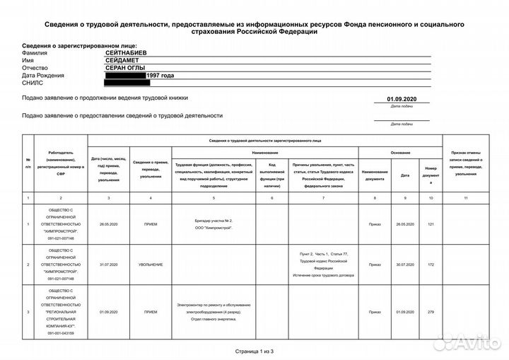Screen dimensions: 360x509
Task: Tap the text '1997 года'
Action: [x=160, y=76]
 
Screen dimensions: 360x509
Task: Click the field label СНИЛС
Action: [x=33, y=83]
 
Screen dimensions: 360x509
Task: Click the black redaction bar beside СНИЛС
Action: [x=127, y=83]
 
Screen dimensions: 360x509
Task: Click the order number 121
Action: [x=431, y=224]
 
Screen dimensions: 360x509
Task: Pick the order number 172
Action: [x=431, y=265]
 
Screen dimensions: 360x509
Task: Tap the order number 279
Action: [x=431, y=311]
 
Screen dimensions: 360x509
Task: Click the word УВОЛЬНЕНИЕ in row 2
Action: [x=150, y=265]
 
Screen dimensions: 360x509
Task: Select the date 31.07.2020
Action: [x=108, y=265]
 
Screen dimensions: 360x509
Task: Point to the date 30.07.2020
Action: [x=405, y=265]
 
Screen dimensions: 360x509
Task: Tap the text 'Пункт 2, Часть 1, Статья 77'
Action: [x=324, y=253]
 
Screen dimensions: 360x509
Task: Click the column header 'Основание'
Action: [x=400, y=153]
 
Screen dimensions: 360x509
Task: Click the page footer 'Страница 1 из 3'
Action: [x=254, y=351]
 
